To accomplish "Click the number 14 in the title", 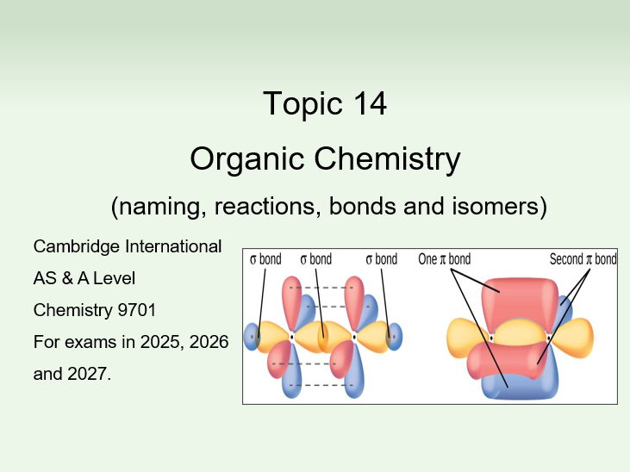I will point(368,103).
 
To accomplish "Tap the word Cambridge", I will point(72,246).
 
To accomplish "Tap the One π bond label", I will point(444,259).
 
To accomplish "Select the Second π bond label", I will point(583,259).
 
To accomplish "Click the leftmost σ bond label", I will point(265,259).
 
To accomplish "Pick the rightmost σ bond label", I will point(381,259).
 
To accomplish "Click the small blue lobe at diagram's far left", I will point(252,335).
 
